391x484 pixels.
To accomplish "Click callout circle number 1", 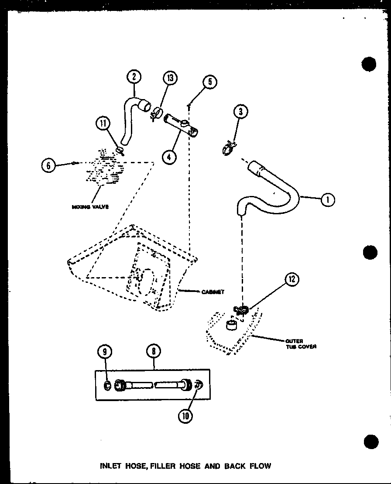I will pos(328,200).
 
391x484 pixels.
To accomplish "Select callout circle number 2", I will pos(134,77).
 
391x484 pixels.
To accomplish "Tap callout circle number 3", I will pos(240,112).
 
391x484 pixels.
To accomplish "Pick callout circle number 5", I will pos(210,82).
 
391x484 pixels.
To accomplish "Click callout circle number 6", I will pos(49,165).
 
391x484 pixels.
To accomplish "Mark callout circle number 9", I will pos(105,351).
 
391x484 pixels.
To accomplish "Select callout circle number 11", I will pos(103,124).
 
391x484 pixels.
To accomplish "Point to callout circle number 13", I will pos(170,78).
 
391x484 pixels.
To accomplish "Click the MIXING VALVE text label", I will pos(90,206).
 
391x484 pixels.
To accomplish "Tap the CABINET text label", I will pos(213,292).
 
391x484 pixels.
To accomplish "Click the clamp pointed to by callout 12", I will pos(240,310).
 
